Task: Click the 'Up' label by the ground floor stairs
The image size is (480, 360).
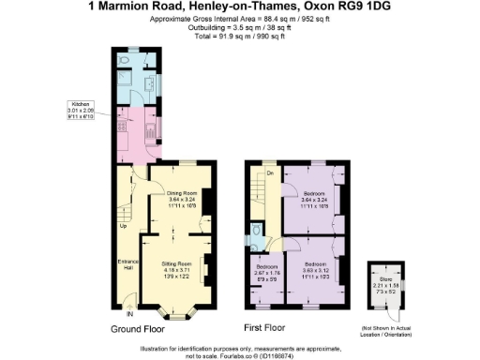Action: [x=123, y=226]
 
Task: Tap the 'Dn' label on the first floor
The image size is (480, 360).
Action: [x=270, y=173]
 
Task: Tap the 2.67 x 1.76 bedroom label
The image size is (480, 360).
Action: [x=265, y=273]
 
